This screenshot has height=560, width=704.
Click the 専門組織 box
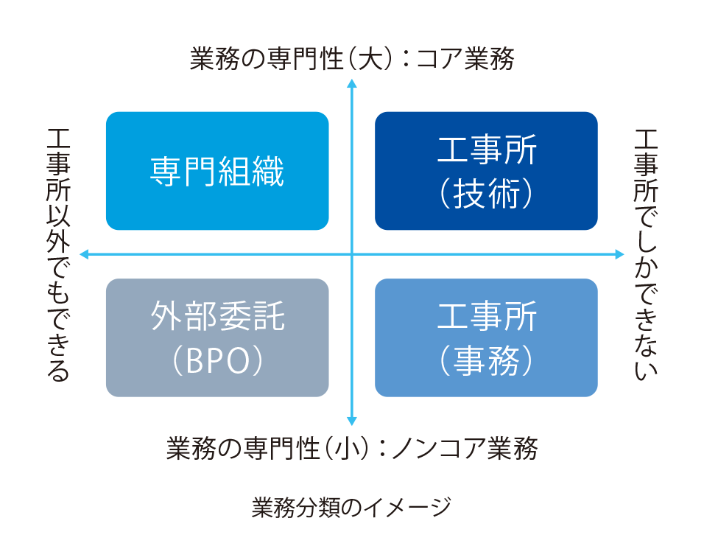tap(217, 171)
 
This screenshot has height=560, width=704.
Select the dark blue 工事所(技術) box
tap(486, 171)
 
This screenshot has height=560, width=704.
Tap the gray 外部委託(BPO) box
tap(217, 337)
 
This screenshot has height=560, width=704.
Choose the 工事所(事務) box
tap(486, 337)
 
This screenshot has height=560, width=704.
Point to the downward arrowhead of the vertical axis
tap(352, 422)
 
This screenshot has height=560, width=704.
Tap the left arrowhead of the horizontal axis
tap(84, 254)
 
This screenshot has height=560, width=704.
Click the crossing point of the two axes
tap(352, 254)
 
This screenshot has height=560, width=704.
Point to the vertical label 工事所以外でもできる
tap(58, 254)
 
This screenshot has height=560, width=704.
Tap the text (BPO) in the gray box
tap(217, 360)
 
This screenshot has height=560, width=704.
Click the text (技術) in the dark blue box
tap(486, 194)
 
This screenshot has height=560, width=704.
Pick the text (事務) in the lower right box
tap(486, 361)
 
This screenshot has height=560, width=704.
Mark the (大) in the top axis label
tap(367, 59)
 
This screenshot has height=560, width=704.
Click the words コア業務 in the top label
tap(465, 59)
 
